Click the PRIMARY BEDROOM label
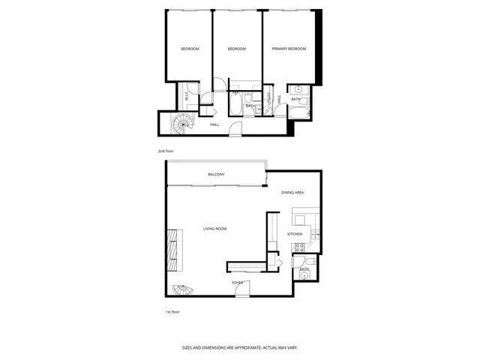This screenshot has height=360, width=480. point(289,49)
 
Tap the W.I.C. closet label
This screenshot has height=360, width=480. point(187,96)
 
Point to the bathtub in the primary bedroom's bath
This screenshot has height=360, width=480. point(300,114)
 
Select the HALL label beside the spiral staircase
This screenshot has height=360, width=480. point(214,124)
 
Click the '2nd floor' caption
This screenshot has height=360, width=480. point(165,151)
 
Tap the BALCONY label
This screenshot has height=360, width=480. point(216,175)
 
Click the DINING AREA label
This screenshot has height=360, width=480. point(292,193)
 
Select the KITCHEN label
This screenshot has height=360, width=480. point(295,234)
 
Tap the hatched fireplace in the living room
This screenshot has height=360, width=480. point(173,250)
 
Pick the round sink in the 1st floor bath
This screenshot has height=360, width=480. point(304,276)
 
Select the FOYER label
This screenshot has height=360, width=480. point(237,282)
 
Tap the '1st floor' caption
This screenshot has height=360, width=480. point(172,311)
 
